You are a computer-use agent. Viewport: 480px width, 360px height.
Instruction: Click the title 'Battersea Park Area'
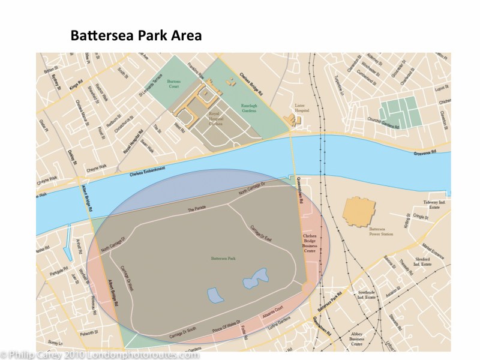[136, 35]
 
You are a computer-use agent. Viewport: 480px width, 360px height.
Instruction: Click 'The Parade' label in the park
[196, 211]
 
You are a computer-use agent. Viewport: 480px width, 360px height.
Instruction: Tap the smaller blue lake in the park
[214, 295]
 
